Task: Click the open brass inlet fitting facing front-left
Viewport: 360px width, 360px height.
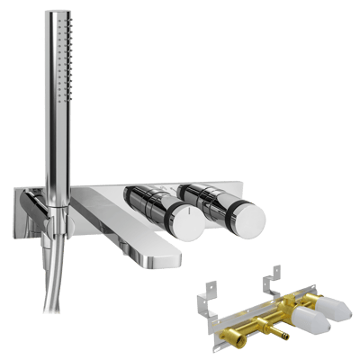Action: tap(244, 337)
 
